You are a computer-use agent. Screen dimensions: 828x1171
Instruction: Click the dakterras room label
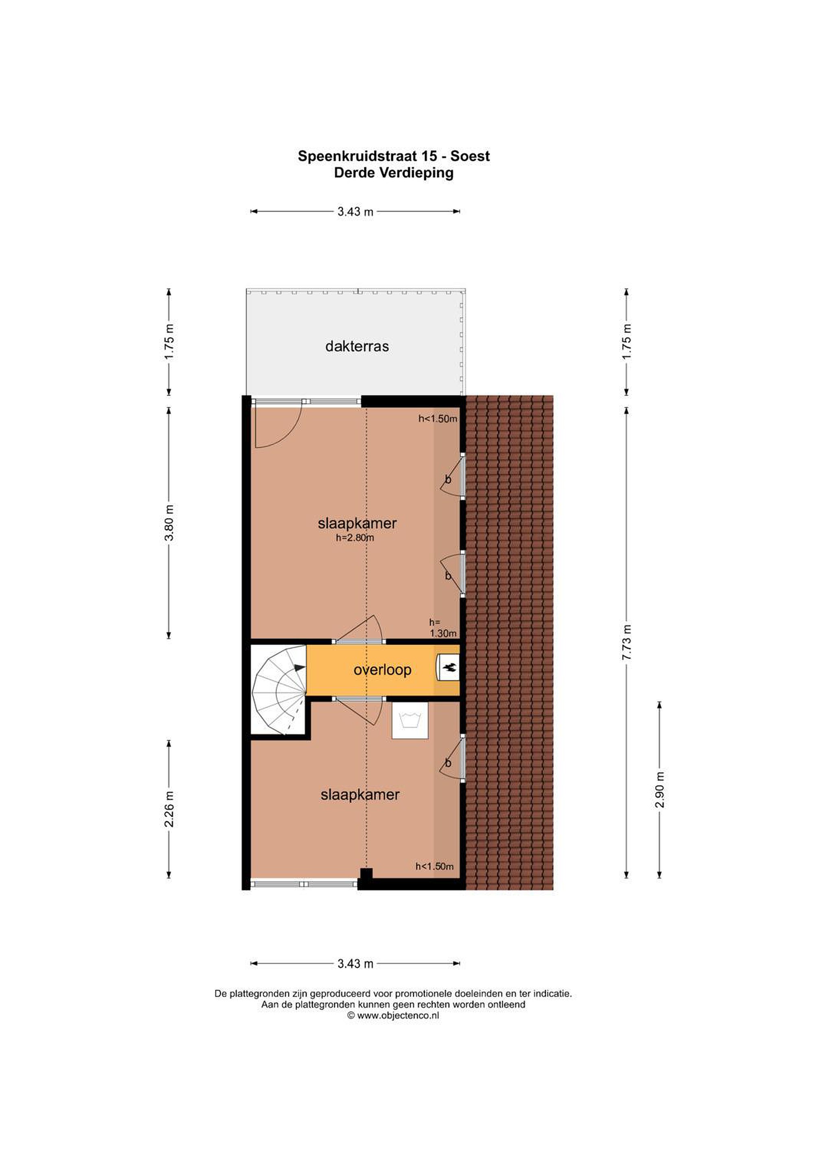click(x=357, y=346)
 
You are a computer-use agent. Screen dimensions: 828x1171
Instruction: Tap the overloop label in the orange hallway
click(x=382, y=670)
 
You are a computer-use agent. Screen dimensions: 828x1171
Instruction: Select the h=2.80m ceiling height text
click(x=355, y=537)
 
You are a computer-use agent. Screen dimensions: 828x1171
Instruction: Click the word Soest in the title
click(x=470, y=156)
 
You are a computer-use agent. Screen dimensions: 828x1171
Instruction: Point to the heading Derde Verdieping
click(x=394, y=172)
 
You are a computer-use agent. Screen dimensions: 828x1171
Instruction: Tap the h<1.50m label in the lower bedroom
click(x=435, y=866)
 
